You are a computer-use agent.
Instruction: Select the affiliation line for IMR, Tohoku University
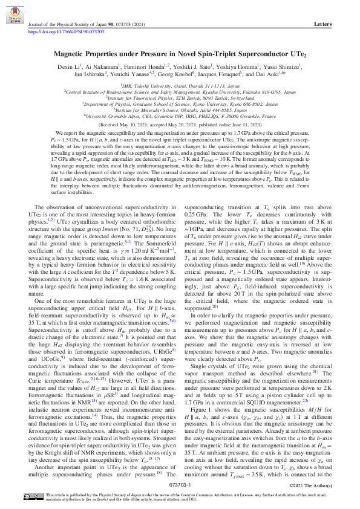tap(180, 86)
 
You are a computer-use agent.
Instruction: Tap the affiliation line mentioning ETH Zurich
tap(180, 98)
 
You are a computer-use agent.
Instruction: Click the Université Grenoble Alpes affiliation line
tap(180, 115)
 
